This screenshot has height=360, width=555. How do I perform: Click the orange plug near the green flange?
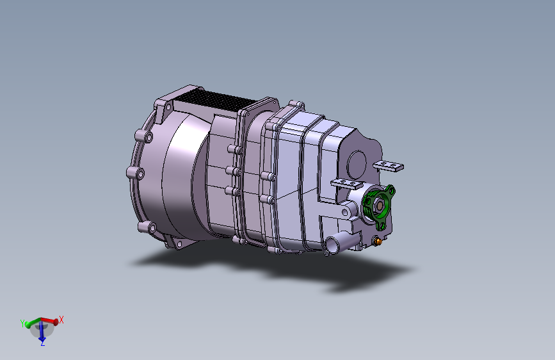click(x=378, y=241)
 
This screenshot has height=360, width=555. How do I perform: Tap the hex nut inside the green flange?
click(x=379, y=206)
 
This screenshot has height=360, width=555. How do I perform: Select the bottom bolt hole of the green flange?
click(x=382, y=225)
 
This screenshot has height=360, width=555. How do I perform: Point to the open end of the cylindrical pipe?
click(x=332, y=245)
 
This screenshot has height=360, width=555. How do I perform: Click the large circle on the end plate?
click(x=356, y=164)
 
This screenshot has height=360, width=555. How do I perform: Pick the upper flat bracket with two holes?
click(x=389, y=165)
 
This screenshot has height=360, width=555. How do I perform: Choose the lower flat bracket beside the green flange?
click(x=347, y=183)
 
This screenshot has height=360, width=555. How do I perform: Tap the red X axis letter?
click(x=61, y=320)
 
